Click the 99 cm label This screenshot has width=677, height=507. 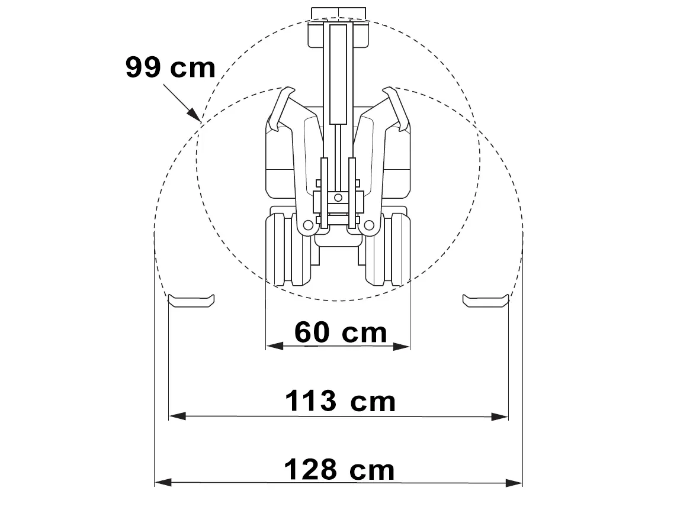(170, 67)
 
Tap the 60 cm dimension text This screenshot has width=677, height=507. (341, 332)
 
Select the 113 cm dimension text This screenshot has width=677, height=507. (340, 401)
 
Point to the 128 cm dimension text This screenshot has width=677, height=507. (339, 470)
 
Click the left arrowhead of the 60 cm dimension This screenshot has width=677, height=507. (275, 345)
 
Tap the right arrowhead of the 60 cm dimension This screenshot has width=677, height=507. (401, 345)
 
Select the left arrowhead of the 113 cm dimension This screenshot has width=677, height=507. (178, 416)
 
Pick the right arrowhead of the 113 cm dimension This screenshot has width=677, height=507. (499, 416)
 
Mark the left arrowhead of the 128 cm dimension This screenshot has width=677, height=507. (163, 482)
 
